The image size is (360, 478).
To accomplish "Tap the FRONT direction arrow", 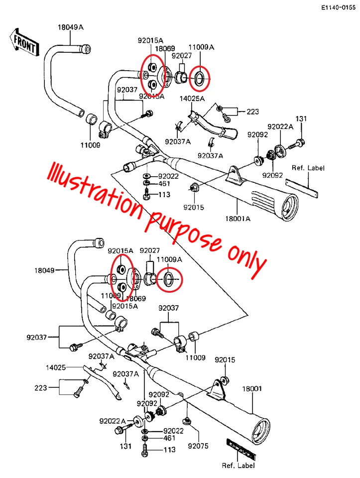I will (x=23, y=43).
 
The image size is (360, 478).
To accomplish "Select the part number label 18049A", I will (x=70, y=28).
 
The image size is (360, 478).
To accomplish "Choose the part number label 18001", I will (x=251, y=388).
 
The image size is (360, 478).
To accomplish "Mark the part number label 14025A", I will (x=192, y=99).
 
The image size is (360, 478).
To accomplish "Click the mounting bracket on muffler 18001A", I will (x=233, y=175).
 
